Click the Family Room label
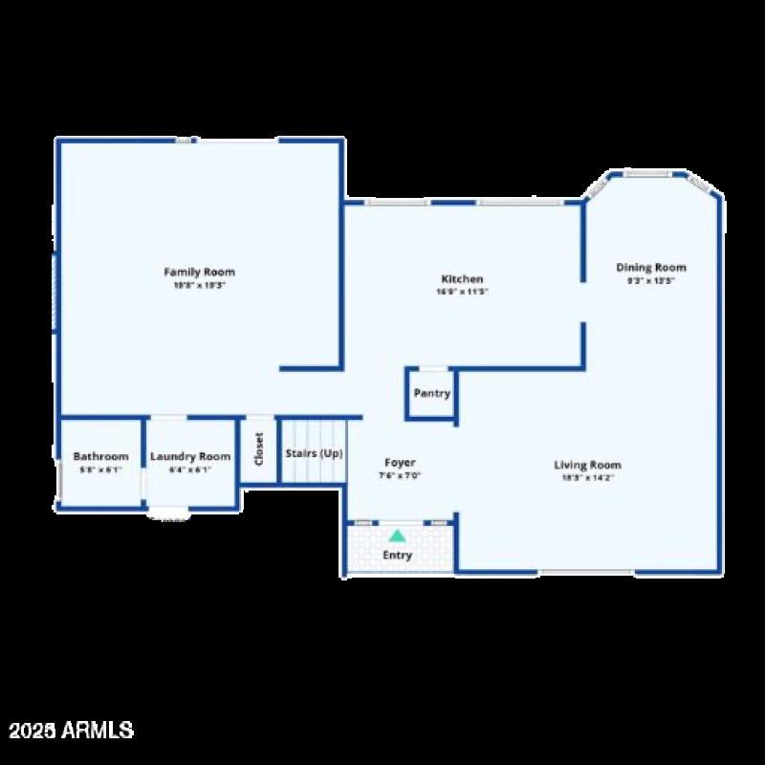[199, 273]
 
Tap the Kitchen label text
[462, 279]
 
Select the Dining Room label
[650, 268]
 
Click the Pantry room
[431, 394]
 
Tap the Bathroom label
[100, 457]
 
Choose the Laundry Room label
[190, 457]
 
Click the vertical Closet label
[258, 449]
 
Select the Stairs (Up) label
[314, 453]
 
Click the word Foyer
[400, 463]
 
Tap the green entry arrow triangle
[397, 535]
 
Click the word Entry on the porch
[397, 556]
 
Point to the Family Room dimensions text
[199, 285]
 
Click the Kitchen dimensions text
[462, 292]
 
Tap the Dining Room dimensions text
[650, 281]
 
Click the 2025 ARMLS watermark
[71, 731]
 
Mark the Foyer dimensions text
[400, 475]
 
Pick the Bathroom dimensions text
[100, 470]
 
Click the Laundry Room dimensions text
[190, 470]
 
